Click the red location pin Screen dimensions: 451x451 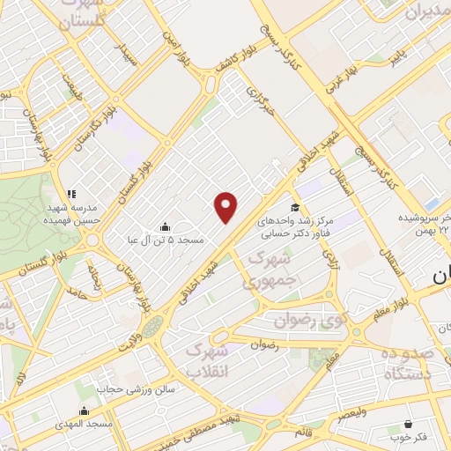226,207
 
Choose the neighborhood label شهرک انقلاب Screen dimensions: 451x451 210,359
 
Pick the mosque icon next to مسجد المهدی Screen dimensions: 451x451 84,410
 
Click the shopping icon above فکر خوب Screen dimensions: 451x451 408,423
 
